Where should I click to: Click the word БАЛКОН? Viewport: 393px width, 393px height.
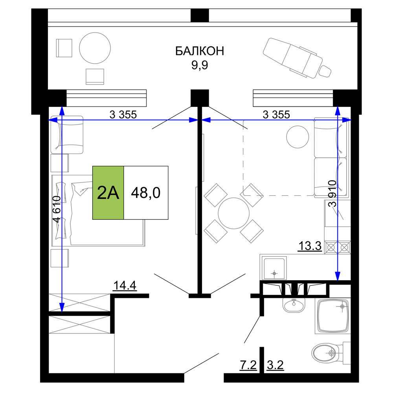200,51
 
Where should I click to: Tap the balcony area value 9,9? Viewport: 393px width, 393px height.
200,65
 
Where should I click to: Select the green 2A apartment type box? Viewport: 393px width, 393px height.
108,193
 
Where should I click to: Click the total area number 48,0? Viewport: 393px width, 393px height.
146,193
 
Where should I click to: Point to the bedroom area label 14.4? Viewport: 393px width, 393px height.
125,285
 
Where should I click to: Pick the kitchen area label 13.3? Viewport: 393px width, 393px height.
310,246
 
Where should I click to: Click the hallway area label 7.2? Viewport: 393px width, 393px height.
248,365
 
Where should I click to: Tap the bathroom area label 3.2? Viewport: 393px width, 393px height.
275,365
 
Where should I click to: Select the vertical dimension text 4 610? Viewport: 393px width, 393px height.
57,209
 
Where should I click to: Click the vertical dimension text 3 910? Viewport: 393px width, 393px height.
332,193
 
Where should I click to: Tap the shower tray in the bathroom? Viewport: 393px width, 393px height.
333,316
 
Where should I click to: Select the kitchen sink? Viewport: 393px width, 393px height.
274,268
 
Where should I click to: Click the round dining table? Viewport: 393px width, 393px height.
233,213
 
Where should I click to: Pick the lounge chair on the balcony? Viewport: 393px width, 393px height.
297,58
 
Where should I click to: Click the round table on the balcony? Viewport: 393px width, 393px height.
95,48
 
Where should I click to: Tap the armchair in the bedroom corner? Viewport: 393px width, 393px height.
67,134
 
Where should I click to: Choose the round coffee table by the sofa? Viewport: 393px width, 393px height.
298,137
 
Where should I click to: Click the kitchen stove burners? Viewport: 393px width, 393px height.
337,248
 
